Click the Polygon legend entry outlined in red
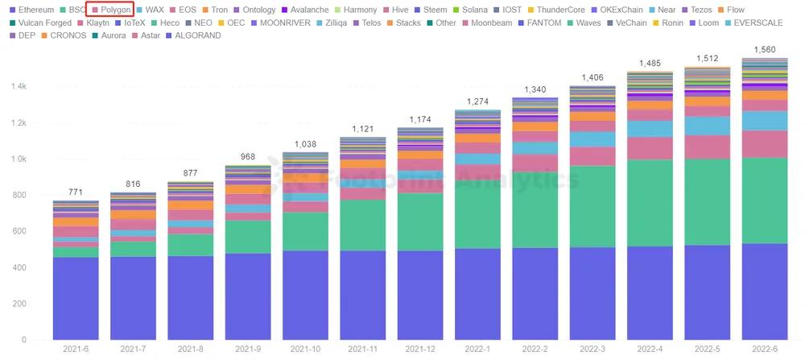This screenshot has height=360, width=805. point(111,10)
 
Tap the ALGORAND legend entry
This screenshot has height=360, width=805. point(192,36)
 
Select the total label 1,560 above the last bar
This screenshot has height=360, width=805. point(764,50)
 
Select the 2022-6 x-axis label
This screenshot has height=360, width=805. point(764,349)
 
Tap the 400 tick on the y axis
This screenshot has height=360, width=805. point(19,267)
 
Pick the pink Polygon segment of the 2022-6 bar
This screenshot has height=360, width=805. point(764,143)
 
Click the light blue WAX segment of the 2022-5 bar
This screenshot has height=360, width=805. point(706,126)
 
